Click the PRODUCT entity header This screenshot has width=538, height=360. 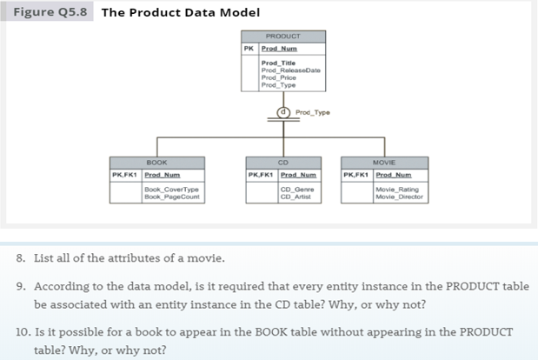tap(283, 37)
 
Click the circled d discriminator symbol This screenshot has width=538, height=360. tap(282, 112)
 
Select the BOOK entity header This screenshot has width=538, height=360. tap(156, 163)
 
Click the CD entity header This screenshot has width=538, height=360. tap(283, 163)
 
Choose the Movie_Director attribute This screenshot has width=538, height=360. tap(399, 196)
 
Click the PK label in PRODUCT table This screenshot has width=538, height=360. tap(249, 48)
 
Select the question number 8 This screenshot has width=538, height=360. tap(21, 257)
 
